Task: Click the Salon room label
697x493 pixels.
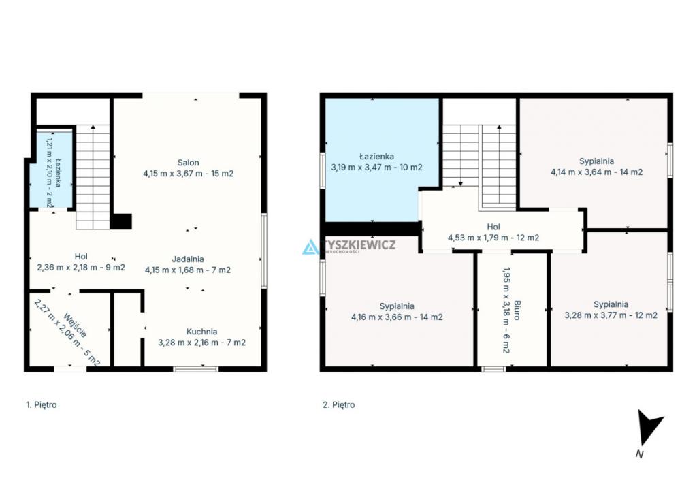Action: pyautogui.click(x=188, y=163)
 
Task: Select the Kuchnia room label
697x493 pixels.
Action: pyautogui.click(x=201, y=332)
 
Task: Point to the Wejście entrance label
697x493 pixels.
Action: pyautogui.click(x=75, y=325)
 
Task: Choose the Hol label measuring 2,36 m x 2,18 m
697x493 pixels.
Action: pyautogui.click(x=81, y=257)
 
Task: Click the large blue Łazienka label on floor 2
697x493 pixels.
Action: pyautogui.click(x=376, y=157)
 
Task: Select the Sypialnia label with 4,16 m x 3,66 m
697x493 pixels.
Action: pyautogui.click(x=397, y=306)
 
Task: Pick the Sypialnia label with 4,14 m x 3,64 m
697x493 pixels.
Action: pyautogui.click(x=596, y=161)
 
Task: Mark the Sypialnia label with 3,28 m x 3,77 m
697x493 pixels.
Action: pyautogui.click(x=611, y=304)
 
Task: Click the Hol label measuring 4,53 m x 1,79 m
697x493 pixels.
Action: pyautogui.click(x=493, y=227)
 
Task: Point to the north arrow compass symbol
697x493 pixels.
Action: pyautogui.click(x=648, y=427)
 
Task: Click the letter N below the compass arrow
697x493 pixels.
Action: pyautogui.click(x=640, y=454)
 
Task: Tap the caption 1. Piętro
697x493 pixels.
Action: pyautogui.click(x=42, y=405)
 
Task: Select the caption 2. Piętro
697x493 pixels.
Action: pyautogui.click(x=339, y=405)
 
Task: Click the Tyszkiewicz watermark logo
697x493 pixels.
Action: pyautogui.click(x=349, y=246)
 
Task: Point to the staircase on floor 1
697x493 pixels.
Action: pyautogui.click(x=93, y=177)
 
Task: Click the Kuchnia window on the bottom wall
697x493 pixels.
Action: pyautogui.click(x=195, y=369)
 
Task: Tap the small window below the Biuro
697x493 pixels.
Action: pyautogui.click(x=493, y=369)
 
